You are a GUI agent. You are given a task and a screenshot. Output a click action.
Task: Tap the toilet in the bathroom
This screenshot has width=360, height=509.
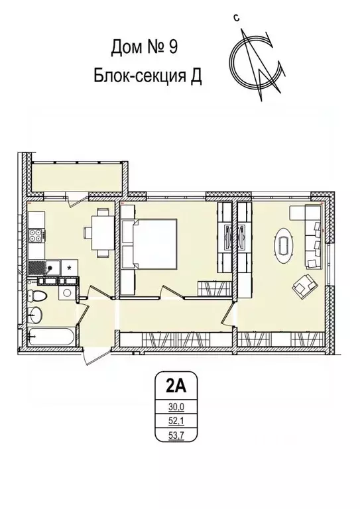(38, 294)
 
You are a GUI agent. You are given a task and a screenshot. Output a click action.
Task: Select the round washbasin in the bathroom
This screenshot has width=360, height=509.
(37, 314)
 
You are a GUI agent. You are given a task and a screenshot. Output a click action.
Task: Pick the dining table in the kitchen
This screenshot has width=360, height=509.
(101, 232)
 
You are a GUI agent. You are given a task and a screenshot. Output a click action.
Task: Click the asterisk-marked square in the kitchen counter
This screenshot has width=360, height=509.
(70, 266)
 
